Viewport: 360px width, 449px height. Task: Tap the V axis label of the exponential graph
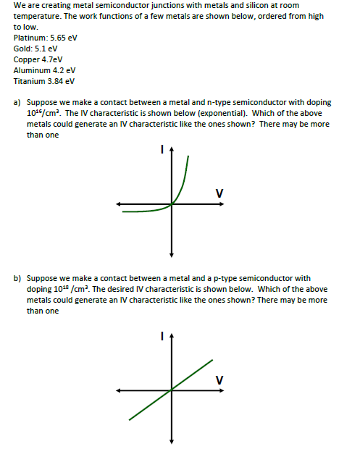tap(219, 193)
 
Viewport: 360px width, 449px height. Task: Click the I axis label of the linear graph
tap(163, 335)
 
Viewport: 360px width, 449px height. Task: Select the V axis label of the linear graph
tap(219, 379)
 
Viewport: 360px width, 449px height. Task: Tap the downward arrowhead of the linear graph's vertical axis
tap(172, 441)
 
